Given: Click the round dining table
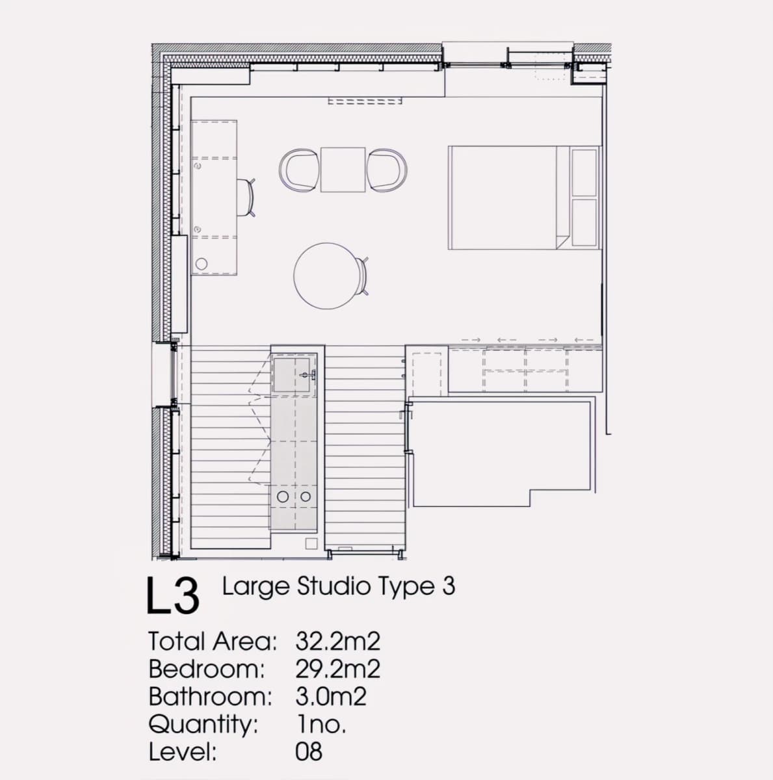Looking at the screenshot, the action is [327, 276].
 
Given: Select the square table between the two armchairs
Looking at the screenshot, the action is [343, 170].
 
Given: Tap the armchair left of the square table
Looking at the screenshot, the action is [299, 170].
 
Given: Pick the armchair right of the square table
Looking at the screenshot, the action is [387, 170].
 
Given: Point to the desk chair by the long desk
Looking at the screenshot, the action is [246, 198].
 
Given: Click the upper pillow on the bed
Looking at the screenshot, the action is [584, 172].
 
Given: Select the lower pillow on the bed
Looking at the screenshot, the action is [584, 222].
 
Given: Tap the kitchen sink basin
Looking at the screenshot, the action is [293, 374].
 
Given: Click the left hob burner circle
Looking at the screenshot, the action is [283, 496].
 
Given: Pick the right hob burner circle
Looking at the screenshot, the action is [306, 496].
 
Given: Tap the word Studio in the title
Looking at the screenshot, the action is [334, 586].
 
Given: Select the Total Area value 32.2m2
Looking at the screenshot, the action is [337, 642].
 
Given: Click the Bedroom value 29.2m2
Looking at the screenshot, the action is [337, 669].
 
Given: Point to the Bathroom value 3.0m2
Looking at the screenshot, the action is [331, 697].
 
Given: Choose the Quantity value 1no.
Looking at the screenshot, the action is [322, 725].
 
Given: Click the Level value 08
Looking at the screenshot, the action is [309, 752].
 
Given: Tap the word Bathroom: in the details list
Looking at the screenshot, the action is [210, 697].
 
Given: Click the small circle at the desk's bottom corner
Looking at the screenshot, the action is [202, 264].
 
